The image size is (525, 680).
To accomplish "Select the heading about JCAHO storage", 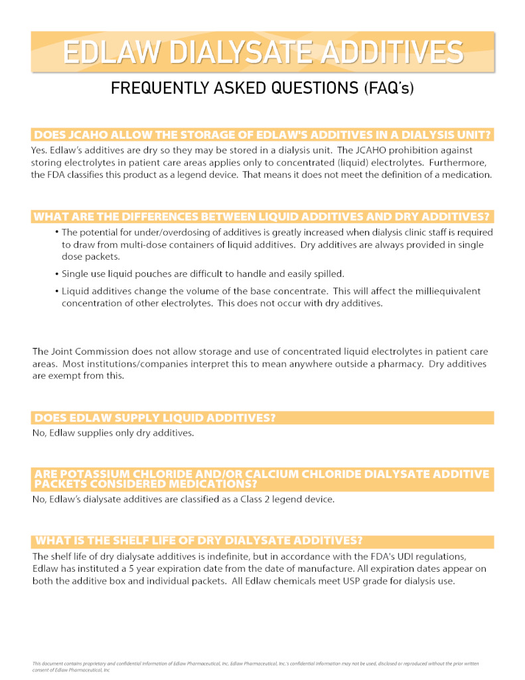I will (x=262, y=135).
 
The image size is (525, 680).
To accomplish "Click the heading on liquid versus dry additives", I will (x=262, y=217).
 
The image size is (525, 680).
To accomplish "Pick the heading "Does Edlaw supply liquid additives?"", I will (x=155, y=418).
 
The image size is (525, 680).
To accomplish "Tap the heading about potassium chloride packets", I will (x=262, y=479).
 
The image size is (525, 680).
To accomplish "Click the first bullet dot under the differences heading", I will (x=57, y=232).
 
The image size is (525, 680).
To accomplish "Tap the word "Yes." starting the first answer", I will (x=40, y=150).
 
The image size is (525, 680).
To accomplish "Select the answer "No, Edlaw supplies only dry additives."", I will (x=113, y=433).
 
